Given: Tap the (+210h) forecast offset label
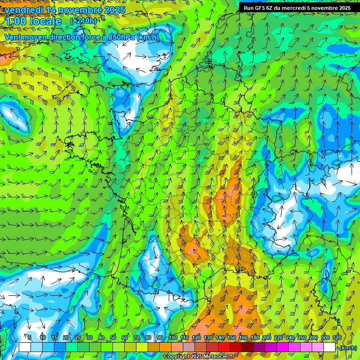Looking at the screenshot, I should point(83,21).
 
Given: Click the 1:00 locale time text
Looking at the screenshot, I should point(34,22).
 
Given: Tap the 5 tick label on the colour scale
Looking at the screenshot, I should point(30,337).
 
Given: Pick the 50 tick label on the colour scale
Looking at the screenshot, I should point(112,337).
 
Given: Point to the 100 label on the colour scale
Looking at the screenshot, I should point(173,337).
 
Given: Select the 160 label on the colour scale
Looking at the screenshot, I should point(243,337).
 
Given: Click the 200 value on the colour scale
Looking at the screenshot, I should point(267,337).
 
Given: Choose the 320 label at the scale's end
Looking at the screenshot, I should point(337,337).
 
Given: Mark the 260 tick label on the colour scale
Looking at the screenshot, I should point(302,337).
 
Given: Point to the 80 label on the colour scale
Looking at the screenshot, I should point(148,337).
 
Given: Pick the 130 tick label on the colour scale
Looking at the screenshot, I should point(208,337).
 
